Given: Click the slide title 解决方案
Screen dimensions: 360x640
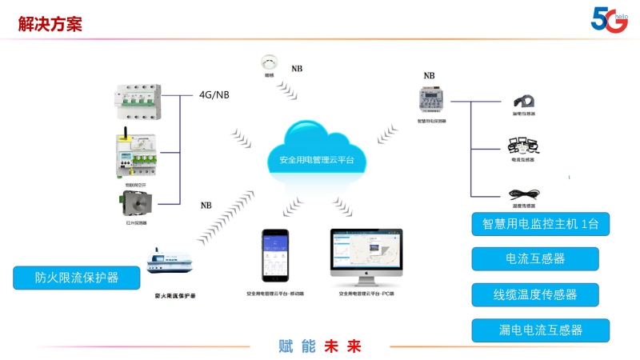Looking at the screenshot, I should (x=50, y=24).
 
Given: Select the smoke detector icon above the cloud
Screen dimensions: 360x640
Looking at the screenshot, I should (x=269, y=62).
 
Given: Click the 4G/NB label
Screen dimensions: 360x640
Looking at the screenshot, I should (x=214, y=94).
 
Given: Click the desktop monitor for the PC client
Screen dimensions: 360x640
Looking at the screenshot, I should (x=366, y=256).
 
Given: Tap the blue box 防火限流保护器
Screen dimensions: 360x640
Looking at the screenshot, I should (x=77, y=278).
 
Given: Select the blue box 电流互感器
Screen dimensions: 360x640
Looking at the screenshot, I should (x=535, y=258).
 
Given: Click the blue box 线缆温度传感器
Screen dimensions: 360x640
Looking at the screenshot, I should (x=535, y=294).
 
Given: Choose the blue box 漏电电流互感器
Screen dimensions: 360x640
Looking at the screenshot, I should (x=535, y=330).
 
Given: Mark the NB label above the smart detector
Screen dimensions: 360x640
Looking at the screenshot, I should (x=430, y=77).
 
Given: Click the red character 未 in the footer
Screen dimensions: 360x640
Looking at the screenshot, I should (x=331, y=346).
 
